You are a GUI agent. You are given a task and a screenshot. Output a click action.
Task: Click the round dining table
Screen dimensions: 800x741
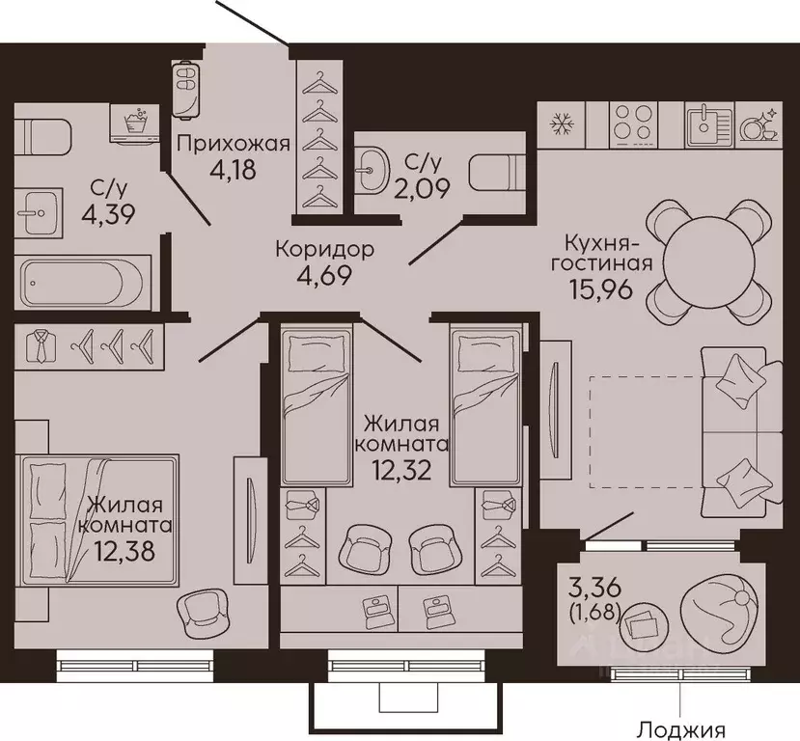click(709, 262)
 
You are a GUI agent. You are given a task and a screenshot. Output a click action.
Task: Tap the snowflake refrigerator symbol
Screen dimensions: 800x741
click(563, 124)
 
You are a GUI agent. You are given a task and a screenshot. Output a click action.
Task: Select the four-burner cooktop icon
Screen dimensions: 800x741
click(633, 123)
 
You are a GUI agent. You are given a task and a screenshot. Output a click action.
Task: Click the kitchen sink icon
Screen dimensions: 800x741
click(708, 123)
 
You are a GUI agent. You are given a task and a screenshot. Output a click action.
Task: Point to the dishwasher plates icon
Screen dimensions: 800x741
click(759, 124)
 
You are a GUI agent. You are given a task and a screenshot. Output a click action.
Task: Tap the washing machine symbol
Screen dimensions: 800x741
click(136, 124)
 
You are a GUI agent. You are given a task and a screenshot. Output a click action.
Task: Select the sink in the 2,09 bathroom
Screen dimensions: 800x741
click(372, 171)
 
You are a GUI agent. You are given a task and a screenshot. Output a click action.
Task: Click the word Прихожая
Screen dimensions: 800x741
click(234, 144)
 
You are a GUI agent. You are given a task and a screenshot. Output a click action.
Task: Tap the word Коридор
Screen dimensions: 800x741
click(324, 249)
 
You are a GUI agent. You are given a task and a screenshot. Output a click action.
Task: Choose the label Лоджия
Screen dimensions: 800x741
click(682, 730)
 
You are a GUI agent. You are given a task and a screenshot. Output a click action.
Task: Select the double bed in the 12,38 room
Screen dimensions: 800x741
click(98, 519)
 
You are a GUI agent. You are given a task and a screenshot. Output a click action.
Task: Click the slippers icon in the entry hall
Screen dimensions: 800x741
click(186, 89)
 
